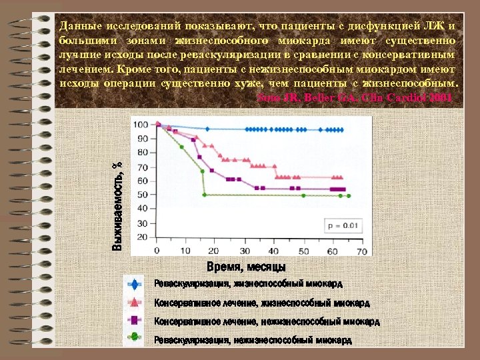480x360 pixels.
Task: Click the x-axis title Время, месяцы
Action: pyautogui.click(x=247, y=267)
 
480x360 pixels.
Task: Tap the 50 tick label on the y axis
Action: pyautogui.click(x=142, y=195)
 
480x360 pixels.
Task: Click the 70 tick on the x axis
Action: pyautogui.click(x=363, y=251)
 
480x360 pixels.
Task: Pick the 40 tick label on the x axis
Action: pyautogui.click(x=273, y=251)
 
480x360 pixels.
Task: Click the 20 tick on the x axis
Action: pyautogui.click(x=214, y=251)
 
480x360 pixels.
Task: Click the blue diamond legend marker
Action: pyautogui.click(x=135, y=284)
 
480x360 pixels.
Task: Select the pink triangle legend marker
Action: pyautogui.click(x=135, y=303)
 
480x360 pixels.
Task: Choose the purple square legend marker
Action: pyautogui.click(x=135, y=321)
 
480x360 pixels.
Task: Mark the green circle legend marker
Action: pyautogui.click(x=135, y=339)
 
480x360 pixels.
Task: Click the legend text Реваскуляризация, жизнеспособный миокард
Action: pyautogui.click(x=249, y=284)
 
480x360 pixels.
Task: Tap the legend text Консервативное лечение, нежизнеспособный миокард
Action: pyautogui.click(x=267, y=321)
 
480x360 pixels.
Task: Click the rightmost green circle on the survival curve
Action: pyautogui.click(x=349, y=195)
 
